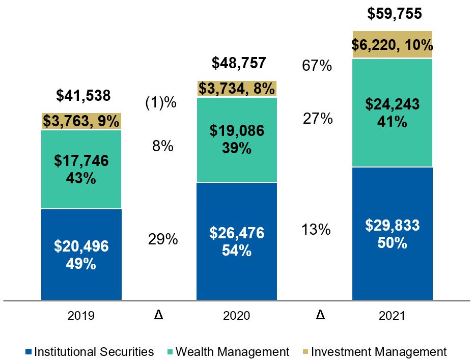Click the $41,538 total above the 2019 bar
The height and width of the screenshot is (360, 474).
(83, 96)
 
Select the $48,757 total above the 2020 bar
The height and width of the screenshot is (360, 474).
(238, 64)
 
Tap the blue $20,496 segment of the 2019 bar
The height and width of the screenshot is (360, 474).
(81, 255)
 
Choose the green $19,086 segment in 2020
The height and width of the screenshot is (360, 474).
(237, 140)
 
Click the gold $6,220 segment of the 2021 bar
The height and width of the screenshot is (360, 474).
(392, 45)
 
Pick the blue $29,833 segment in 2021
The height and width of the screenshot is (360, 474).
(392, 233)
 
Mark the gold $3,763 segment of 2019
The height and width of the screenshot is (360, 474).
(81, 121)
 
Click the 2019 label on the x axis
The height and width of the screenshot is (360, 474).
(81, 316)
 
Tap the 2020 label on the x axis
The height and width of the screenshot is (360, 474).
(237, 316)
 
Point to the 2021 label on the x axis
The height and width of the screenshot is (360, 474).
(392, 316)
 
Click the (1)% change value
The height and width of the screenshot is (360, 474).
(161, 103)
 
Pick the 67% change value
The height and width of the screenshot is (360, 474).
(318, 66)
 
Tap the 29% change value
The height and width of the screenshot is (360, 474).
(163, 239)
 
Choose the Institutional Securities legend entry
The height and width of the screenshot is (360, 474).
(89, 352)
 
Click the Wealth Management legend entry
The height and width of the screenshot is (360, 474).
(228, 352)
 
